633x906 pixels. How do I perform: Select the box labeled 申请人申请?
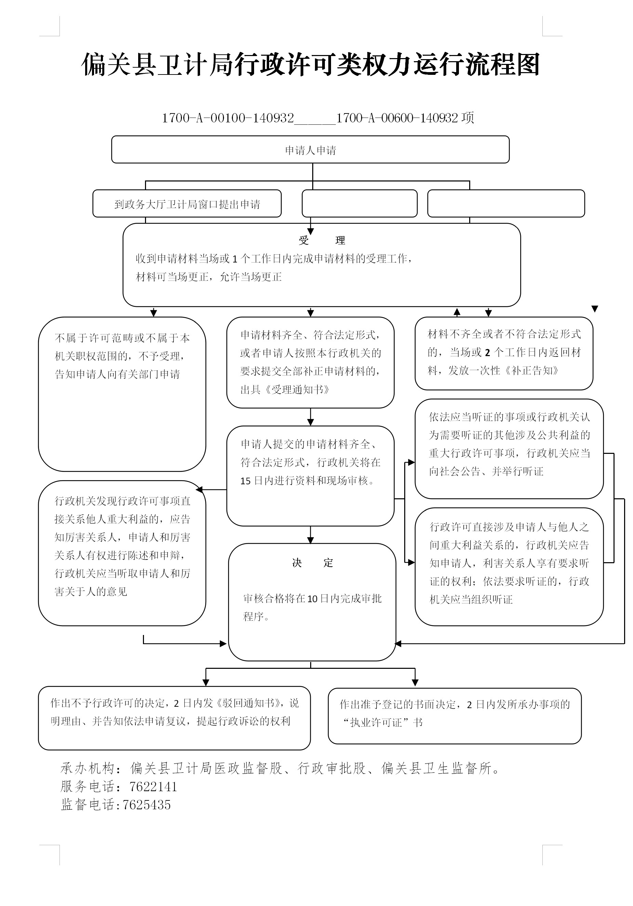point(311,150)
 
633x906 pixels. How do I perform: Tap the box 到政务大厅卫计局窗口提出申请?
point(187,204)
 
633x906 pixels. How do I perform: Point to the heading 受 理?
point(322,240)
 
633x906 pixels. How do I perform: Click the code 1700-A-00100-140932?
point(228,118)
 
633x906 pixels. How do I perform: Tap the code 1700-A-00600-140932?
point(397,118)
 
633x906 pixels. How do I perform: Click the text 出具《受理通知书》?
point(285,390)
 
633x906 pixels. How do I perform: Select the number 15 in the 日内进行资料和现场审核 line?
point(245,481)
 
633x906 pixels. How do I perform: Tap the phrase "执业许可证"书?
point(382,722)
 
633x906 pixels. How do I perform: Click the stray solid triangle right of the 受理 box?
point(595,309)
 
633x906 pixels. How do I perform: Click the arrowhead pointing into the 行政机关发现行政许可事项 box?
point(199,490)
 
